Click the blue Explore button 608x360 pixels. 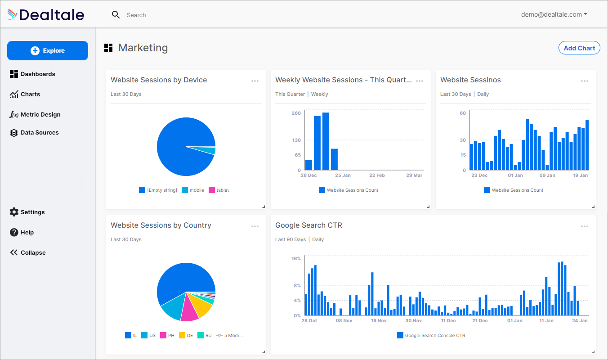point(48,51)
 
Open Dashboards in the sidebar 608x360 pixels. point(38,74)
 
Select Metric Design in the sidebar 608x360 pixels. point(40,114)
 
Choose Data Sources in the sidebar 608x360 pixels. point(39,132)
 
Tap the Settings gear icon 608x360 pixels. point(14,212)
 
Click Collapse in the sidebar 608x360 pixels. point(32,252)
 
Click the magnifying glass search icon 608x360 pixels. point(116,15)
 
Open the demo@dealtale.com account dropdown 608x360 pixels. point(554,14)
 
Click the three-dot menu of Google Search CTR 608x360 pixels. point(584,226)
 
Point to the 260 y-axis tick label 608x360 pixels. point(296,113)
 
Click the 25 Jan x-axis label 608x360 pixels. point(343,175)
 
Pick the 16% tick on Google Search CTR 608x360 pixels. point(296,258)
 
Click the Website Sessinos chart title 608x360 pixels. point(470,80)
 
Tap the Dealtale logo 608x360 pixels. point(46,15)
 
